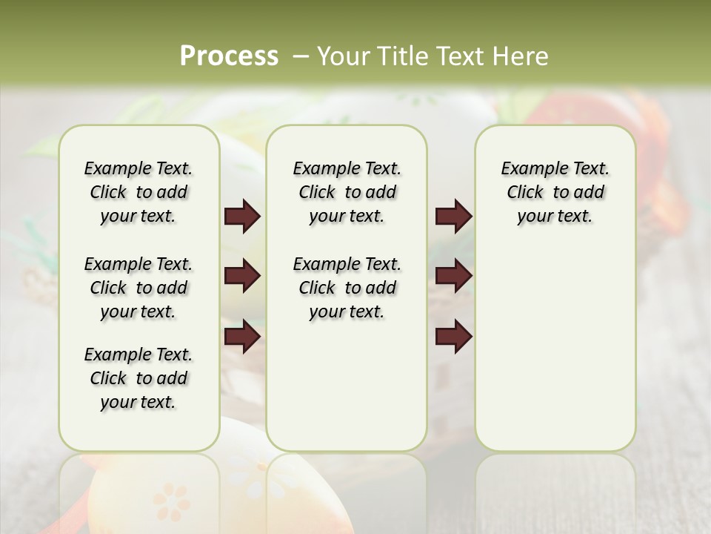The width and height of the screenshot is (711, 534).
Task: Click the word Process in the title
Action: pos(229,56)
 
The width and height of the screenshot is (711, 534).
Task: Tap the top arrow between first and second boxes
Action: pos(242,216)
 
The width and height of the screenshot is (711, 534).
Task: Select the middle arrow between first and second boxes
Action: pos(242,277)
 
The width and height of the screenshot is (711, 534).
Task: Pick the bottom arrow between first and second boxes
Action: pos(242,337)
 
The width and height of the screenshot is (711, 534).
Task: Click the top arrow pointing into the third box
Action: pos(453,216)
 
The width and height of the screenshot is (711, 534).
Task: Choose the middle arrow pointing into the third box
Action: pos(453,277)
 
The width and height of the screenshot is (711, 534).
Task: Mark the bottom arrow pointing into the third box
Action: pos(453,337)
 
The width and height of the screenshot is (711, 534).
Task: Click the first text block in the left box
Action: pos(138,192)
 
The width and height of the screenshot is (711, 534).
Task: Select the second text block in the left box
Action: pos(138,288)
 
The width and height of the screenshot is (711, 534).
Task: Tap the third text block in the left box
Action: pos(138,378)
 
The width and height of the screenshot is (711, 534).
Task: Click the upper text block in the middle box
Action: pos(347,192)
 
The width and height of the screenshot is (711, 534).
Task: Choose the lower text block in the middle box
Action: pos(347,288)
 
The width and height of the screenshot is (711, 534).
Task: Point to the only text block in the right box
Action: pos(555,192)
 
